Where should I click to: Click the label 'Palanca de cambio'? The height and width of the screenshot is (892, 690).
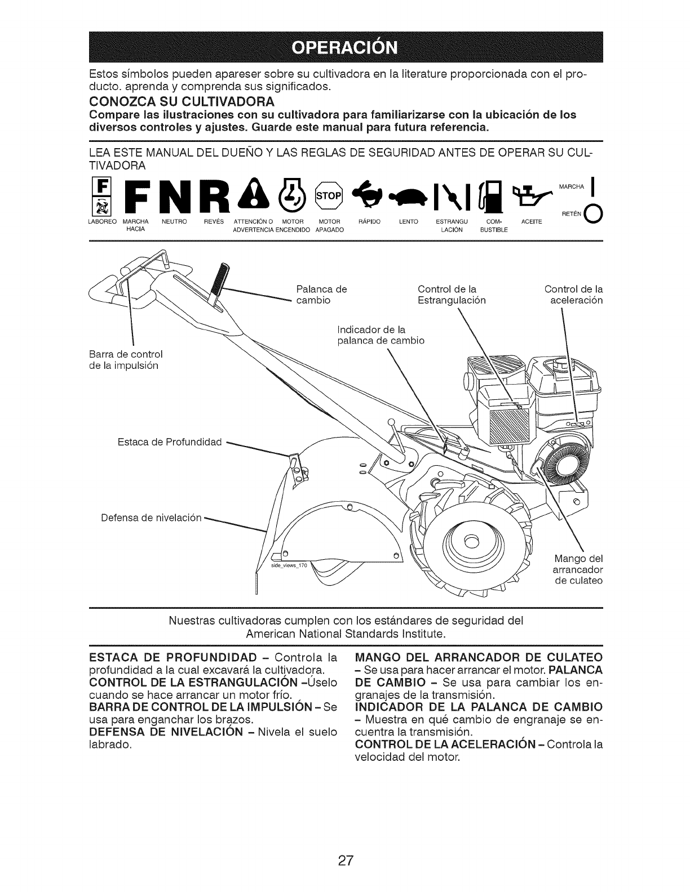point(321,295)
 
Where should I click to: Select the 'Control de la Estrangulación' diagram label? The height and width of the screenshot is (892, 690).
point(451,295)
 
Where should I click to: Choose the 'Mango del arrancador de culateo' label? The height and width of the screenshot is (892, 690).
point(578,569)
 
